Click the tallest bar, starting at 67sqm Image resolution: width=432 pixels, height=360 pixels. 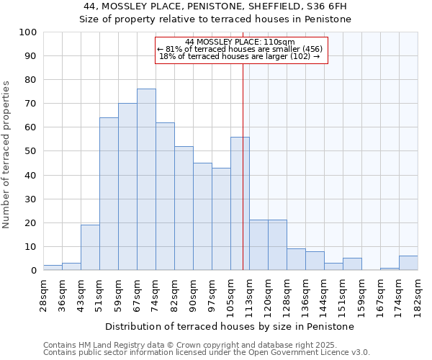click(x=146, y=179)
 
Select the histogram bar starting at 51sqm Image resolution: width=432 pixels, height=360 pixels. click(x=109, y=194)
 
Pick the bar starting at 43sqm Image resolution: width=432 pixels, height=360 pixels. click(x=90, y=247)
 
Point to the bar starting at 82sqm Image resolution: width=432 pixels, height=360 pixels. click(x=184, y=208)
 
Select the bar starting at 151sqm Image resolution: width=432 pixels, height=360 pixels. click(x=352, y=264)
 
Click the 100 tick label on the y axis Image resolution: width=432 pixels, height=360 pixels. click(x=27, y=32)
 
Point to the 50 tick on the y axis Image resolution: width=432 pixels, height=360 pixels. click(x=30, y=151)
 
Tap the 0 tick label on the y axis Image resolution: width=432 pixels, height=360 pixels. click(x=33, y=271)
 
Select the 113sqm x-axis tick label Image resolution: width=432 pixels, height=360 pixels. click(x=249, y=295)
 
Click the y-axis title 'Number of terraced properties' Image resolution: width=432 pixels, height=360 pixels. click(x=7, y=154)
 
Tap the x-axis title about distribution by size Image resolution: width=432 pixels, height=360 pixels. click(x=230, y=326)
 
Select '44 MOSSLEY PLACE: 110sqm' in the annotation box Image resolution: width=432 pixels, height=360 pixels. click(x=240, y=42)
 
